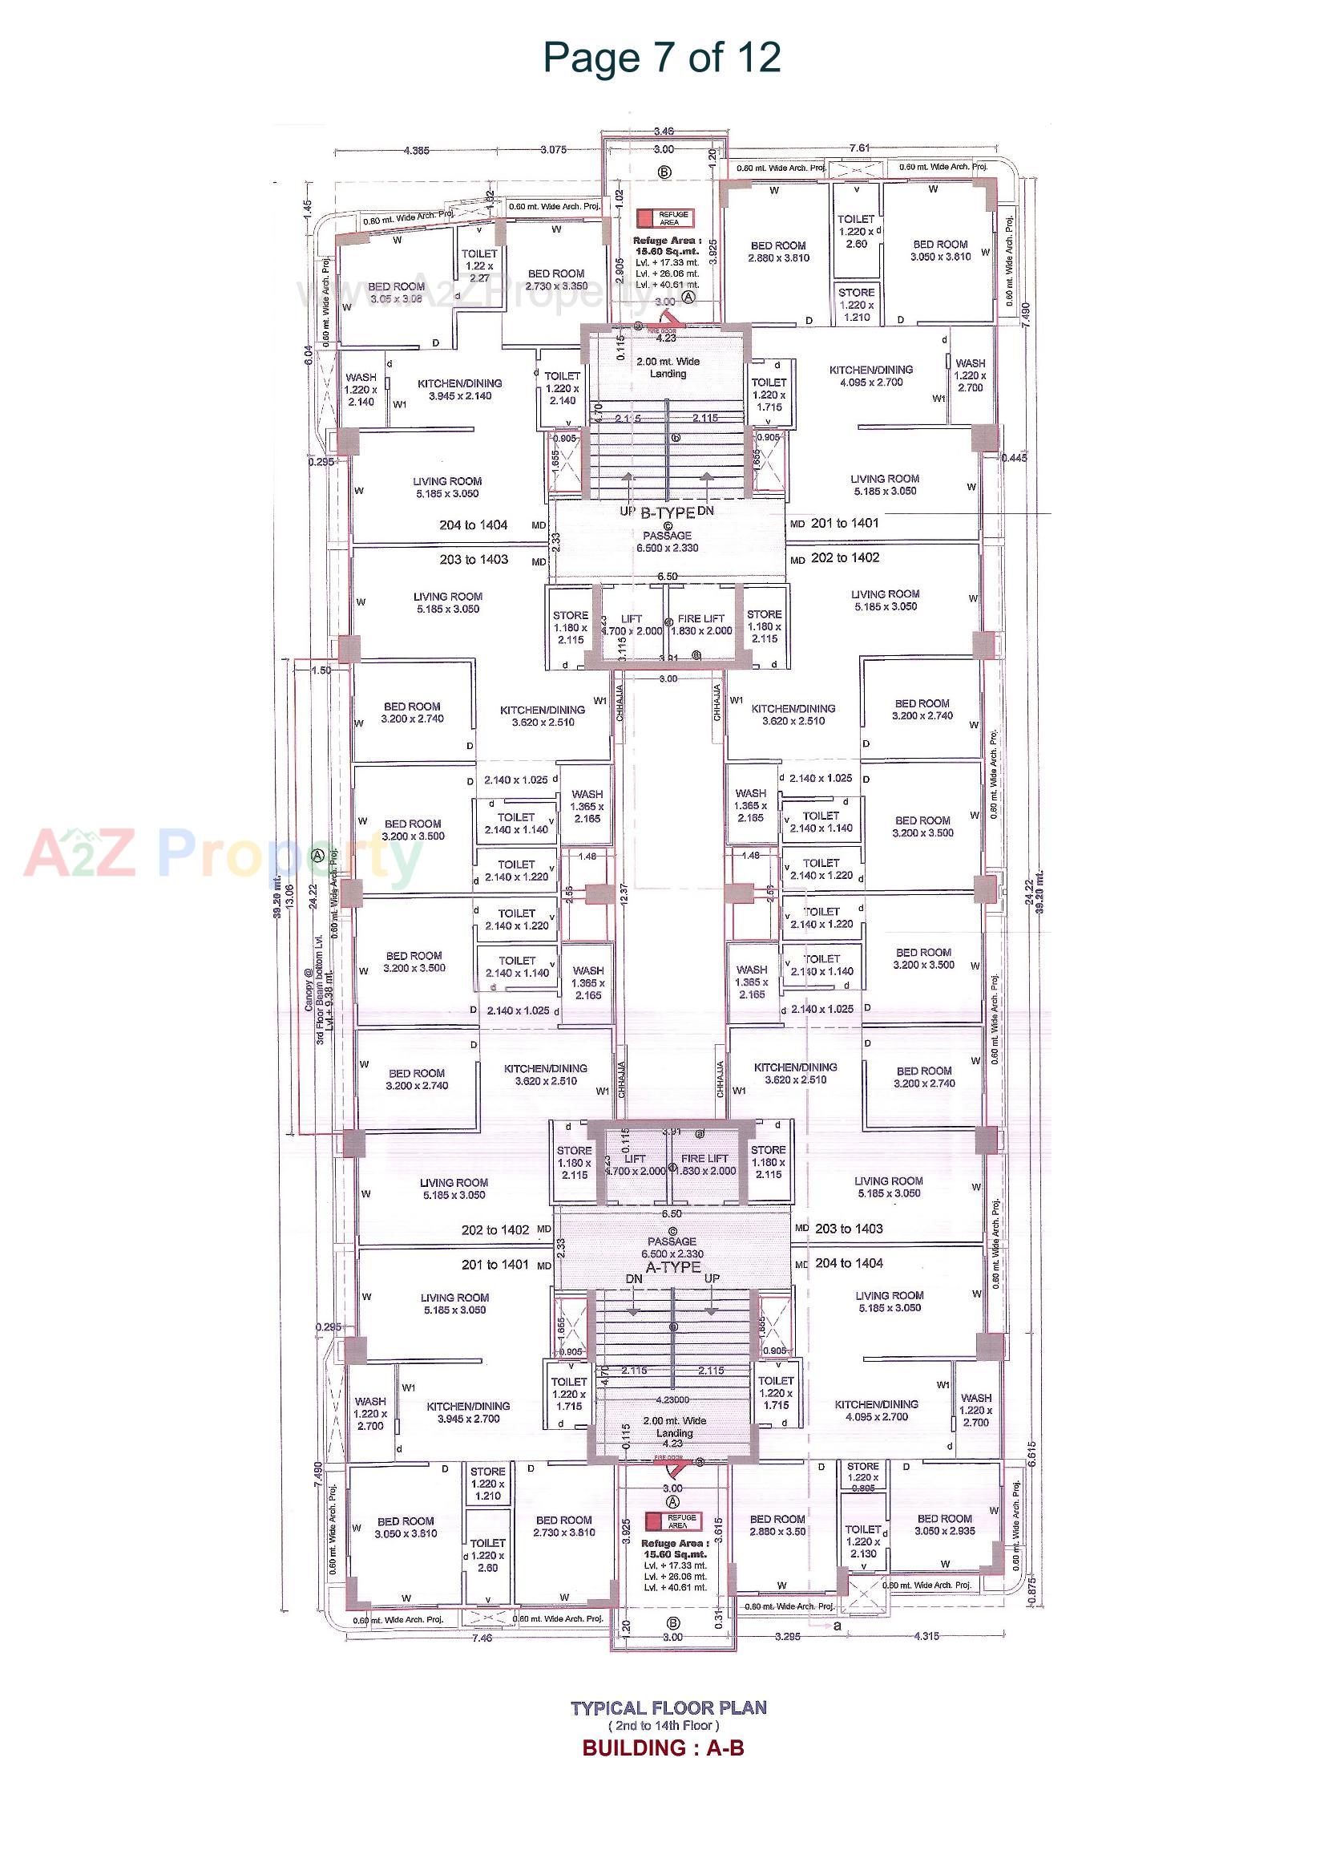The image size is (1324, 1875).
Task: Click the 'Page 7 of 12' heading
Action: point(661,58)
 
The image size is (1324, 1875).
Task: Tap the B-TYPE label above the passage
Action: point(667,512)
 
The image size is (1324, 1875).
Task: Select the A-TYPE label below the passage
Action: point(672,1266)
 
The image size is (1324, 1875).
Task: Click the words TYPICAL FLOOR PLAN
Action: point(668,1707)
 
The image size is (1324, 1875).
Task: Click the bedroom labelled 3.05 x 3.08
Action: point(396,293)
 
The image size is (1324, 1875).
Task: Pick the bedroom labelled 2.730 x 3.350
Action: point(556,279)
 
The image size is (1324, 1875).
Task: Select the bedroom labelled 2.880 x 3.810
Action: point(778,252)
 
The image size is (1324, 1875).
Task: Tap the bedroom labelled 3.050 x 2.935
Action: point(944,1525)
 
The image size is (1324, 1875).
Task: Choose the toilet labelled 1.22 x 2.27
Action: point(479,265)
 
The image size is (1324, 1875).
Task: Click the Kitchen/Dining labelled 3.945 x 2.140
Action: point(459,390)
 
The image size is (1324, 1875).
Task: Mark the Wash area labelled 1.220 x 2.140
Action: point(361,390)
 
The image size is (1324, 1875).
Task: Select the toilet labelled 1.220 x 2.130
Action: point(862,1541)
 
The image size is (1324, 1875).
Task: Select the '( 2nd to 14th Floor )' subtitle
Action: point(663,1726)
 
